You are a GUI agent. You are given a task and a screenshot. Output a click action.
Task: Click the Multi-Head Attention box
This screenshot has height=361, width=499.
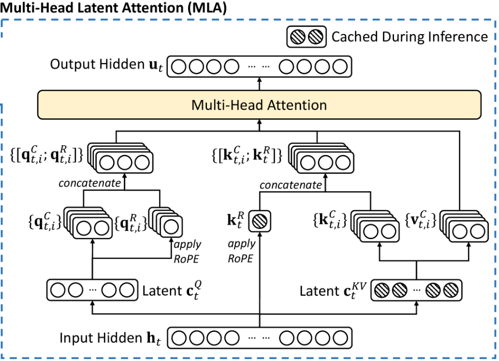(259, 105)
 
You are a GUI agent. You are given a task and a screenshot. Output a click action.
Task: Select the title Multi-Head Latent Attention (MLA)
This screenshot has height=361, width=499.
(113, 9)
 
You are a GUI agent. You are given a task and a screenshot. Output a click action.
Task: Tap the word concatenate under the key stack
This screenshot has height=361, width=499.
(291, 185)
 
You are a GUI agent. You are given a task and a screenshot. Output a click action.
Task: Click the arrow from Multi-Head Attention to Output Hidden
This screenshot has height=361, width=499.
(259, 83)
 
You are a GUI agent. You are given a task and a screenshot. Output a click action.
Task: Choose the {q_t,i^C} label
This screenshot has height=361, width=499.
(45, 221)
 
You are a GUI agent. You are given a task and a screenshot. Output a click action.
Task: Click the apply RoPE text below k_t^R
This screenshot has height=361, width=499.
(242, 252)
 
